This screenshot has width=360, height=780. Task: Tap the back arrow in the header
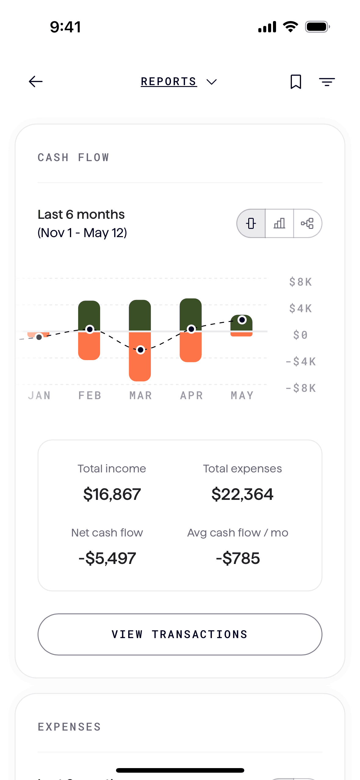(36, 81)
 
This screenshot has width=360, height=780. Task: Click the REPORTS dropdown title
(179, 81)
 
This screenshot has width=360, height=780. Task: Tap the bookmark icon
(296, 81)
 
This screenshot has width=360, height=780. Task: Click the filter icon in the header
(327, 81)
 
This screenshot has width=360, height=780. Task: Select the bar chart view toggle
(279, 223)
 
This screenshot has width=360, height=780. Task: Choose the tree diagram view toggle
(307, 223)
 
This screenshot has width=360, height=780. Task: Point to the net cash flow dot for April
(191, 329)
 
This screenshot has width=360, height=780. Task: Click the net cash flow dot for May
(242, 320)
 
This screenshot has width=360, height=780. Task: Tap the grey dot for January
(39, 337)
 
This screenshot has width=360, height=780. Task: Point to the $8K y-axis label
(301, 282)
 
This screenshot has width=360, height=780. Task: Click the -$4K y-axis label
(301, 362)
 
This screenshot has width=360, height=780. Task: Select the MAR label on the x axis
(140, 395)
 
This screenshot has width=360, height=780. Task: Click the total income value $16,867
(112, 494)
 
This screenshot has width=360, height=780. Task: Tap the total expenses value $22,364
(242, 494)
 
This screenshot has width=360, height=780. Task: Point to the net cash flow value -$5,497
(107, 558)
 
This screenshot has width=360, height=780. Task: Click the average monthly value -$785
(238, 558)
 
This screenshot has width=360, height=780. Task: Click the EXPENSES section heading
(69, 727)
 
